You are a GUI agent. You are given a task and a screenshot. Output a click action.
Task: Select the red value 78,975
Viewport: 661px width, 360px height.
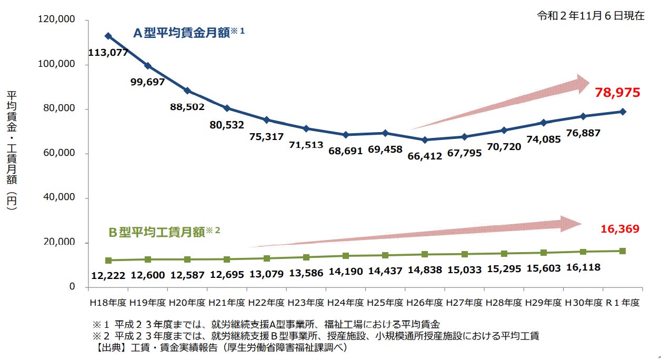pyautogui.click(x=617, y=93)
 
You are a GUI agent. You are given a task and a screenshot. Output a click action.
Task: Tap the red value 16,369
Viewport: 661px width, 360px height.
pyautogui.click(x=619, y=228)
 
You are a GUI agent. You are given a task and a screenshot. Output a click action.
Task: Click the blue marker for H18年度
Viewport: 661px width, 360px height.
pyautogui.click(x=108, y=36)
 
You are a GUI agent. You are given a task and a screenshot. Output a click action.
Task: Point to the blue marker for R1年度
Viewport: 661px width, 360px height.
pyautogui.click(x=623, y=112)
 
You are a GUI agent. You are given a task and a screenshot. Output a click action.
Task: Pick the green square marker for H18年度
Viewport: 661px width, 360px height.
pyautogui.click(x=108, y=261)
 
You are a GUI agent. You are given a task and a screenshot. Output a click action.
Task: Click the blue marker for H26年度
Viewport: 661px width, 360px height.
pyautogui.click(x=425, y=140)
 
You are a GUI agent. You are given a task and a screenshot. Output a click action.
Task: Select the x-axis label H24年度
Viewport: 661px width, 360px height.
pyautogui.click(x=345, y=303)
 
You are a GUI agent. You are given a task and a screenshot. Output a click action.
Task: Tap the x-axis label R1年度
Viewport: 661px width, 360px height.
pyautogui.click(x=623, y=303)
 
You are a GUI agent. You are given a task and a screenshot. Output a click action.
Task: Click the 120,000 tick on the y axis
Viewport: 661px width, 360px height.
pyautogui.click(x=57, y=20)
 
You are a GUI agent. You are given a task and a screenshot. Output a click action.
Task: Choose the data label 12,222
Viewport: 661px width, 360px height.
pyautogui.click(x=108, y=275)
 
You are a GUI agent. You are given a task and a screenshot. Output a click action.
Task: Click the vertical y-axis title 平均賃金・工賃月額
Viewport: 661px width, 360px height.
pyautogui.click(x=12, y=153)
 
